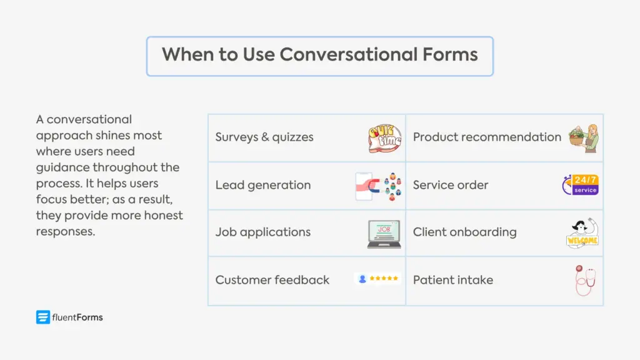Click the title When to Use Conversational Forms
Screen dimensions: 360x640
pos(319,55)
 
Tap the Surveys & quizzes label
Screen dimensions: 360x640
pos(264,137)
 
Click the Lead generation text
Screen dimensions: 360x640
pos(262,185)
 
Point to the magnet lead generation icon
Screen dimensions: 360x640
pos(379,186)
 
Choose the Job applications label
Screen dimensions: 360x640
pos(262,232)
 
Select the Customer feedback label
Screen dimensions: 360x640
pos(272,280)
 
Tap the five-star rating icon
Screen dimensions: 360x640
pos(378,279)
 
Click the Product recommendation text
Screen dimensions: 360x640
pos(487,137)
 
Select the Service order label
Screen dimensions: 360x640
pos(450,185)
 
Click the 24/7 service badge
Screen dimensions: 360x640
pos(581,185)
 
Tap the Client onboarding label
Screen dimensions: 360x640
pos(464,232)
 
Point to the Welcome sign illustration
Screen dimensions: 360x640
pos(582,233)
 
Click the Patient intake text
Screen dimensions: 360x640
pos(452,280)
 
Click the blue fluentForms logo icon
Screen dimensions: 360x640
pos(42,317)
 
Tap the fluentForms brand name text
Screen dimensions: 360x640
pos(77,317)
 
